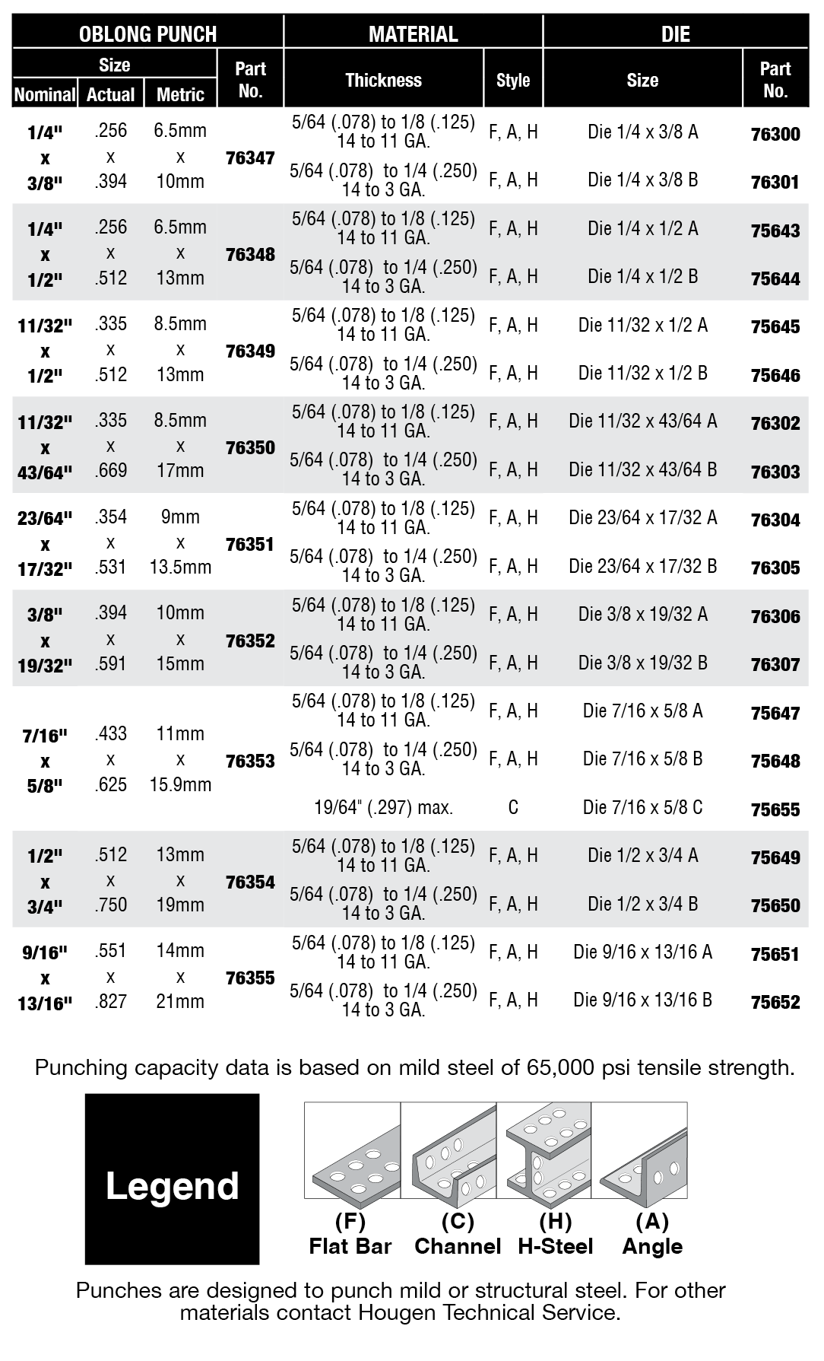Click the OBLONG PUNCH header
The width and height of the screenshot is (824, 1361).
pos(147,33)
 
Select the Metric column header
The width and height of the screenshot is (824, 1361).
pos(180,94)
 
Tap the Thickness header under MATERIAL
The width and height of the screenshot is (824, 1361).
pos(383,80)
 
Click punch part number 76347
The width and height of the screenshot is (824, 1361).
pos(250,158)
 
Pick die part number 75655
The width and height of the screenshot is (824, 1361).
pos(775,809)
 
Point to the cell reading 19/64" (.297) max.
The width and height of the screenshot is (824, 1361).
pos(383,807)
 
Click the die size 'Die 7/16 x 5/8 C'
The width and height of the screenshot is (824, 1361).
pos(642,807)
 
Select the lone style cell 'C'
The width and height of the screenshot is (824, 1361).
pos(513,807)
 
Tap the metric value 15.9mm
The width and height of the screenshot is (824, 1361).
pos(180,784)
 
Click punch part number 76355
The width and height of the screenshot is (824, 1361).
pos(250,978)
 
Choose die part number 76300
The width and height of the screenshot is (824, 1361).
pos(775,134)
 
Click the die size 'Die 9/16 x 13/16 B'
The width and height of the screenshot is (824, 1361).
pos(642,1000)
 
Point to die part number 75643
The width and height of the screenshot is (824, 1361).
pos(775,231)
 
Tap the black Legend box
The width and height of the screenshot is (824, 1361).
pos(172,1186)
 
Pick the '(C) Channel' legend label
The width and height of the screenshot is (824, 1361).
pos(458,1234)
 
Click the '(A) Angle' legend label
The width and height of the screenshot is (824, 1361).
pos(652,1234)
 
